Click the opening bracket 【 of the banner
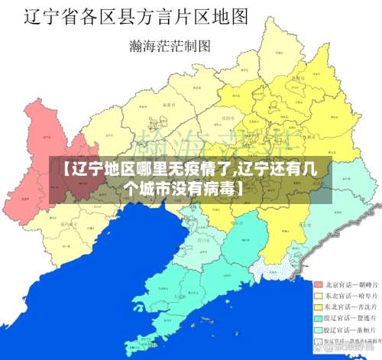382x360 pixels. pos(60,170)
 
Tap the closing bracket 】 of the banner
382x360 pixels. pos(243,187)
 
